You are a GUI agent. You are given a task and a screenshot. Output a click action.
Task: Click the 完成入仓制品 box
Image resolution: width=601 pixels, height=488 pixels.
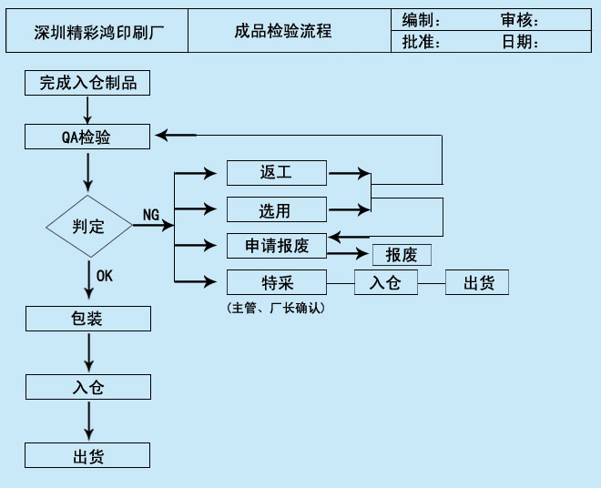[x=87, y=83]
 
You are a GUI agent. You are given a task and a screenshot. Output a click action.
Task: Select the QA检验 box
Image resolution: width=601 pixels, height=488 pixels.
[x=87, y=137]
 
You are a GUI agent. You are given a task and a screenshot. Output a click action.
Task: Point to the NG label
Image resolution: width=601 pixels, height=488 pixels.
[x=151, y=215]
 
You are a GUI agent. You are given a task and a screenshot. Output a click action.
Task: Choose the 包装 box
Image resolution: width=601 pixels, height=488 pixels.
[x=87, y=319]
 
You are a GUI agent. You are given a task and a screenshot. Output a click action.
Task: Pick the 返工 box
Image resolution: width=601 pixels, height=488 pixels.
[x=275, y=172]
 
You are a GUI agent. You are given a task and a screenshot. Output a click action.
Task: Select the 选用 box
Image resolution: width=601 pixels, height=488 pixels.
[x=275, y=210]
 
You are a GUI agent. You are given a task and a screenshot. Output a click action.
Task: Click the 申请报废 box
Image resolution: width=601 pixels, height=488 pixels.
[x=277, y=246]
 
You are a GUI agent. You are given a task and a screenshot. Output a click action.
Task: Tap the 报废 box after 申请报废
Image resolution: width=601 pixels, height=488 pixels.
[x=401, y=255]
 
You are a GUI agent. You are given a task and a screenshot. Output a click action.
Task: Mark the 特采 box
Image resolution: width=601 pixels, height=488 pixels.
[x=275, y=282]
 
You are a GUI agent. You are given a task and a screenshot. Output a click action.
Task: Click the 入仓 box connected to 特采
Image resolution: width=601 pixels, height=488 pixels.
[x=385, y=283]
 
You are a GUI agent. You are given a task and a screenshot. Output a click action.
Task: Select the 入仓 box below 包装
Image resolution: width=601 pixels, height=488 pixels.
[x=87, y=387]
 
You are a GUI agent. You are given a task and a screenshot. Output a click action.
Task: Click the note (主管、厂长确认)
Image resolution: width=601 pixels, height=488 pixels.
[x=275, y=309]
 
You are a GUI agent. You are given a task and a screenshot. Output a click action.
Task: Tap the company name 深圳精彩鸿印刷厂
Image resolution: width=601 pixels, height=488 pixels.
[x=96, y=32]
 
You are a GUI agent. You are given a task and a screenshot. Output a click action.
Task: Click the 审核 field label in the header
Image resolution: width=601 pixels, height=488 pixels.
[x=520, y=20]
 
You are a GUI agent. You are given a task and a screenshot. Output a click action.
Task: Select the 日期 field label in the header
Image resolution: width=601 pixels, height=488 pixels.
[x=520, y=42]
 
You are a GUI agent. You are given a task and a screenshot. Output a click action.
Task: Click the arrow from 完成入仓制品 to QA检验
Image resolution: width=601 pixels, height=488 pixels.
[x=87, y=109]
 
